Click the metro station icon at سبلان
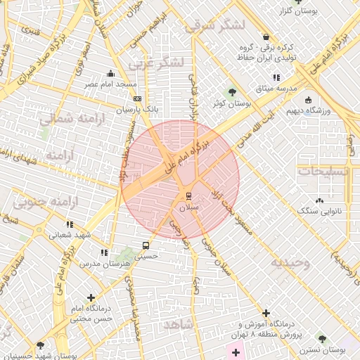[188, 195]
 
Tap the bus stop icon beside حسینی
[146, 245]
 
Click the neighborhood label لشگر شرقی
[215, 27]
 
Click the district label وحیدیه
[289, 262]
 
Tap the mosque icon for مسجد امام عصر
[110, 74]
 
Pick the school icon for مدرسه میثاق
[276, 77]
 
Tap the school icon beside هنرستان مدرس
[104, 252]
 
